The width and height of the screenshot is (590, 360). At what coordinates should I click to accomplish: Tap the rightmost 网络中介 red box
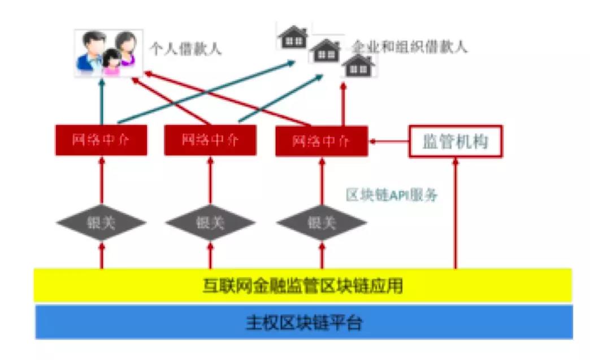[x=321, y=141]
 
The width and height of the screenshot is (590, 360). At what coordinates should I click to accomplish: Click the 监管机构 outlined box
[x=455, y=141]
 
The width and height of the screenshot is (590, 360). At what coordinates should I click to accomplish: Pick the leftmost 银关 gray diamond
[x=102, y=222]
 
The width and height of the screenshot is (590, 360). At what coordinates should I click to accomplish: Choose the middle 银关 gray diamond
[x=211, y=222]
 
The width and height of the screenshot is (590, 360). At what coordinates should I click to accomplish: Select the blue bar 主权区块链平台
[x=303, y=323]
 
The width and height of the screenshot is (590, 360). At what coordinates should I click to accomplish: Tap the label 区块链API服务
[x=392, y=196]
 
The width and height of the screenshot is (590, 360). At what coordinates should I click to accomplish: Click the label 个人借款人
[x=185, y=49]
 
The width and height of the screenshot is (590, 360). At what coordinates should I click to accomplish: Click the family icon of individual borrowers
[x=107, y=54]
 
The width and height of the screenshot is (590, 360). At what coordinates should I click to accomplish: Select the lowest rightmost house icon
[x=358, y=66]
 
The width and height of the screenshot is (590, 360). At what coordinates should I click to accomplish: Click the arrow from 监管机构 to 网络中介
[x=388, y=141]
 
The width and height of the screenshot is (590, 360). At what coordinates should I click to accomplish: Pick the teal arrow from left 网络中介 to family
[x=102, y=102]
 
